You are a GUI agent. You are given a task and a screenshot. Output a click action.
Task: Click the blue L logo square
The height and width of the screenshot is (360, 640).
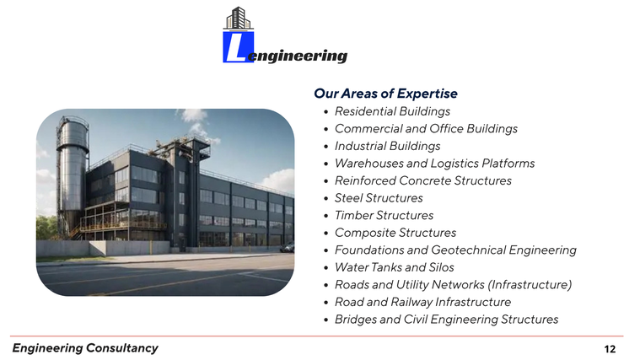239,47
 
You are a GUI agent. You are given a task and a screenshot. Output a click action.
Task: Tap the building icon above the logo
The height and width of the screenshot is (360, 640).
239,19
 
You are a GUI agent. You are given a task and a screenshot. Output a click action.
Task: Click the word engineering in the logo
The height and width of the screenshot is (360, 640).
298,56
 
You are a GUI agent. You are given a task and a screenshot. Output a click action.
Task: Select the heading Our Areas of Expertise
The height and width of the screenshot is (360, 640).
385,94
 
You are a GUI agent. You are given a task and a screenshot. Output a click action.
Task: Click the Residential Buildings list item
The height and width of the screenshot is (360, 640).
392,111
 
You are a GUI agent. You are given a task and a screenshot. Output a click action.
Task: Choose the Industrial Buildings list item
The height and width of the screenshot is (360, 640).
387,146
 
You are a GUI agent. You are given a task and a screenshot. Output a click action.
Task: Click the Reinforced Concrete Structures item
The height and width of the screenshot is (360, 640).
422,180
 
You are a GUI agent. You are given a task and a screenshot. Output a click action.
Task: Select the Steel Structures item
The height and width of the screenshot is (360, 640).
379,198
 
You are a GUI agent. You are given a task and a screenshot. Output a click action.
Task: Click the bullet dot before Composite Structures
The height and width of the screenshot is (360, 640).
325,234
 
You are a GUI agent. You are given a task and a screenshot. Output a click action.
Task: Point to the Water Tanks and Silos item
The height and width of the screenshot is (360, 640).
395,267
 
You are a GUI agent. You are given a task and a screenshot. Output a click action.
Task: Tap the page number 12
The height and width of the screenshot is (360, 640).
610,349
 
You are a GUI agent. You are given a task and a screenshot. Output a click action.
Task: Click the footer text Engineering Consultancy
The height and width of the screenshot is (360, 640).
85,348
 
